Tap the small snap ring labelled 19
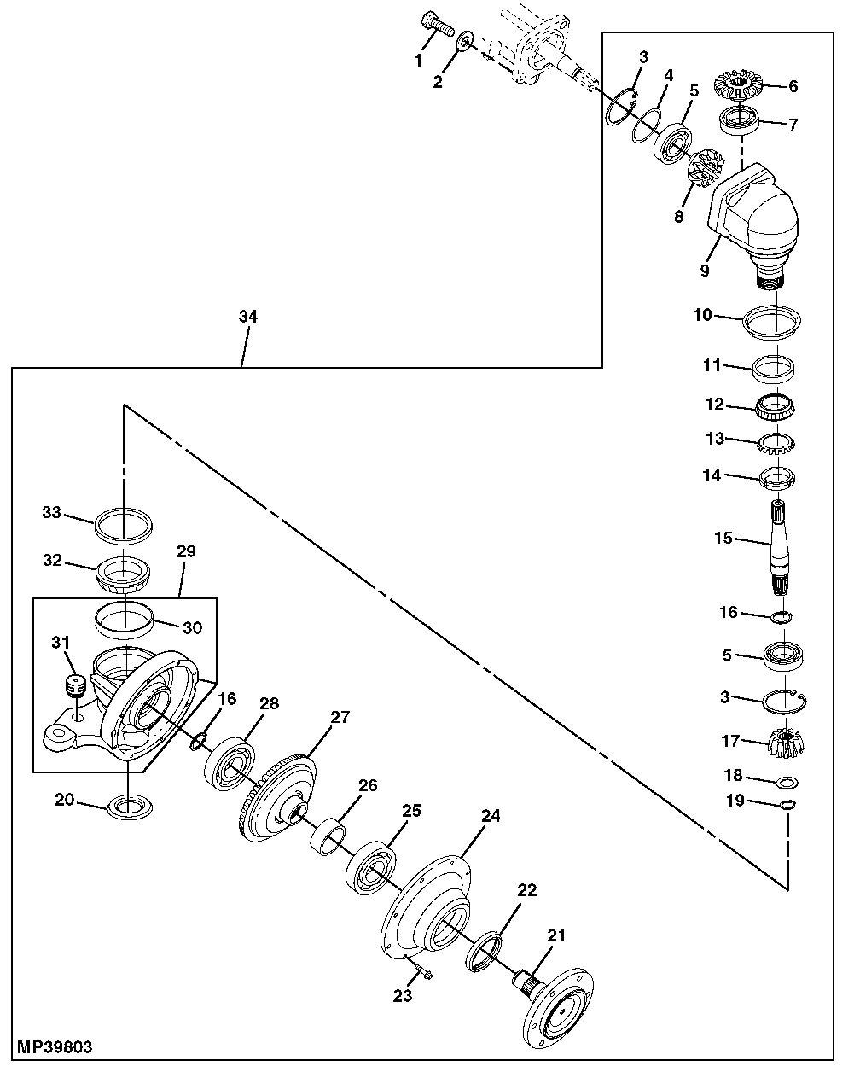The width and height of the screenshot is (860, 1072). click(x=787, y=804)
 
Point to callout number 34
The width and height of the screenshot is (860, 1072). click(x=247, y=317)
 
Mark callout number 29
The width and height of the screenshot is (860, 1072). click(x=186, y=552)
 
